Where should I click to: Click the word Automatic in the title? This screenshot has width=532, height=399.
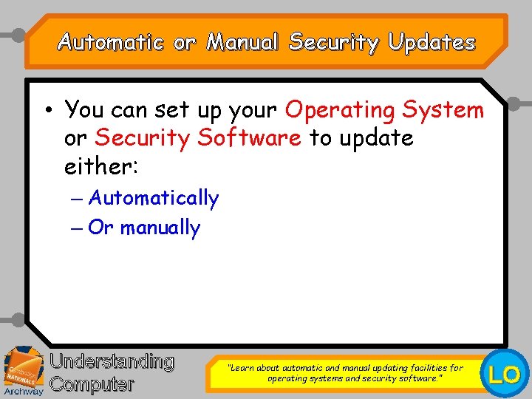[x=110, y=43]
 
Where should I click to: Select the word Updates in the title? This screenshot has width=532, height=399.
[x=432, y=43]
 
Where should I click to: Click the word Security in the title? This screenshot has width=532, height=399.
[x=333, y=43]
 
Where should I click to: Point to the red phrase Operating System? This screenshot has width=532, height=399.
[x=384, y=110]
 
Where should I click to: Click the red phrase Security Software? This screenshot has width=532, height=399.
[x=198, y=138]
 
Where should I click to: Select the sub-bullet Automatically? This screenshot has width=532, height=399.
[x=154, y=198]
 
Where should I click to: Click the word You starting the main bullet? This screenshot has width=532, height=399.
[x=85, y=110]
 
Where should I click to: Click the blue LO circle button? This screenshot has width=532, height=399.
[x=505, y=375]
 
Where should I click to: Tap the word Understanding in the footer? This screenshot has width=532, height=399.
[x=112, y=362]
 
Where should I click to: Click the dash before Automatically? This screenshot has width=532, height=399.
[x=78, y=198]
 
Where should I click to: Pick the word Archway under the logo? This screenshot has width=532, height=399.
[x=23, y=392]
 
